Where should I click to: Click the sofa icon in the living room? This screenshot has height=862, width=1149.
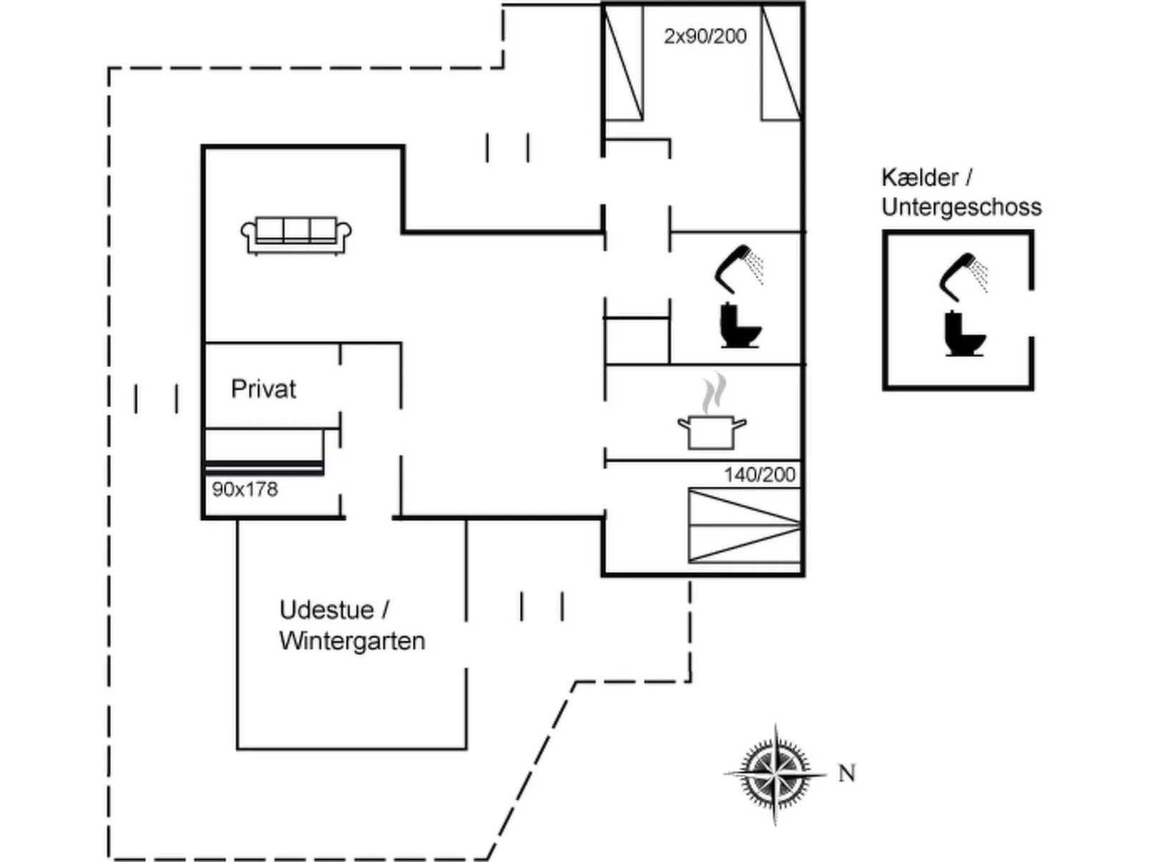pyautogui.click(x=296, y=234)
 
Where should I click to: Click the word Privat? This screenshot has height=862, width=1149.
pyautogui.click(x=263, y=389)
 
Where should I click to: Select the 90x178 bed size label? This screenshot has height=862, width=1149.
pyautogui.click(x=245, y=489)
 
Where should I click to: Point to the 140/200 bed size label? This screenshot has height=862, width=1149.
pyautogui.click(x=759, y=474)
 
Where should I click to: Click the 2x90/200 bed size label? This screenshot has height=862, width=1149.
pyautogui.click(x=705, y=36)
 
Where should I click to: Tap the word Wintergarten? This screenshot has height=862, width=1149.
pyautogui.click(x=352, y=640)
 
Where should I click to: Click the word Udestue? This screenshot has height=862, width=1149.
pyautogui.click(x=326, y=610)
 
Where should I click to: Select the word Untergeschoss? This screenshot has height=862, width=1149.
pyautogui.click(x=961, y=207)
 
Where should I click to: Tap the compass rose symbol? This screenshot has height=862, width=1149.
pyautogui.click(x=776, y=773)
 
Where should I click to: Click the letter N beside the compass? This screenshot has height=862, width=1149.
pyautogui.click(x=846, y=773)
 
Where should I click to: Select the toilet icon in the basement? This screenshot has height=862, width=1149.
pyautogui.click(x=963, y=333)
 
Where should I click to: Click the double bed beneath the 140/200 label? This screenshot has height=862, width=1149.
pyautogui.click(x=744, y=526)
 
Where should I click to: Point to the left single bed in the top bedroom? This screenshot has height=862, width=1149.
pyautogui.click(x=624, y=63)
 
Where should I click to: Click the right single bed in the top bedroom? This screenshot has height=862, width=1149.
pyautogui.click(x=781, y=63)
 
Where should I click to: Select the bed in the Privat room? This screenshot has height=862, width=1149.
pyautogui.click(x=264, y=451)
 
